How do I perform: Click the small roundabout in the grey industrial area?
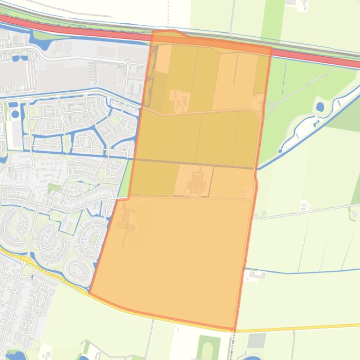click(127, 63)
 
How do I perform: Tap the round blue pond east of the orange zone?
click(320, 107)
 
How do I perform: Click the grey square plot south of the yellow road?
click(256, 340)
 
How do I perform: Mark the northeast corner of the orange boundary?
click(271, 47)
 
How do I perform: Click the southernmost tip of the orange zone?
click(234, 330)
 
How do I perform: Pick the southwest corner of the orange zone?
click(89, 294)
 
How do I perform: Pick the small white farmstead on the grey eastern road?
click(305, 206)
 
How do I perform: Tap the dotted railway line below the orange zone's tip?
click(232, 346)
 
